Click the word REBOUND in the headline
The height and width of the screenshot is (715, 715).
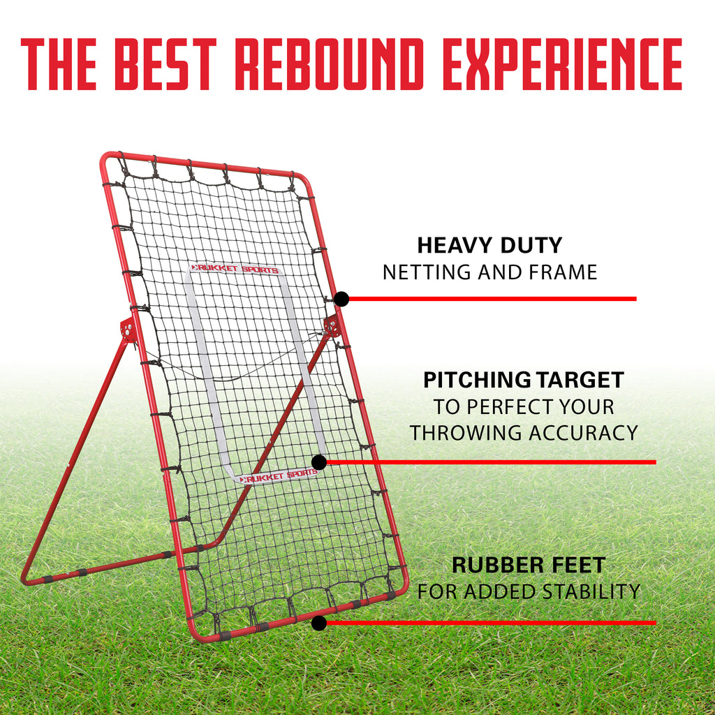[330, 64]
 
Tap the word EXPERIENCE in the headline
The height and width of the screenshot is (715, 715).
[562, 64]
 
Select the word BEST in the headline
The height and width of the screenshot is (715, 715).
[165, 64]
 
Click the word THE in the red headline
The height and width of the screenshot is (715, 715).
[59, 64]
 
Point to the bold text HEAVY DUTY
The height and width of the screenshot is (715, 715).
[489, 245]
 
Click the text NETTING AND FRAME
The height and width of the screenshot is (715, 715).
[489, 272]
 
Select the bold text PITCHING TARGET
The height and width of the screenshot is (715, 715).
[524, 380]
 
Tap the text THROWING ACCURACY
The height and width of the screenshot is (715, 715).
[524, 433]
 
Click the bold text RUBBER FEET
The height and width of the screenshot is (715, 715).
[529, 565]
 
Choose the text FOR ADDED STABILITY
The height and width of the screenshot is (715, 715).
[529, 591]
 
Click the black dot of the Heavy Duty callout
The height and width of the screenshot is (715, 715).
[341, 299]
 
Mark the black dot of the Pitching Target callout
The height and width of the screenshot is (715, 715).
[319, 462]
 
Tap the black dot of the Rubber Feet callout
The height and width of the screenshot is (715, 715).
[319, 623]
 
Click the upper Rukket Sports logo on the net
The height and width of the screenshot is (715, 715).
[235, 269]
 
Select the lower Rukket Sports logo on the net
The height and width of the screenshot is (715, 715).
[278, 476]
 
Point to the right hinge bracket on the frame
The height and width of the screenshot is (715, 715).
[332, 325]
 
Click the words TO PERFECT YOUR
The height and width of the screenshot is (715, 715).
[524, 407]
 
